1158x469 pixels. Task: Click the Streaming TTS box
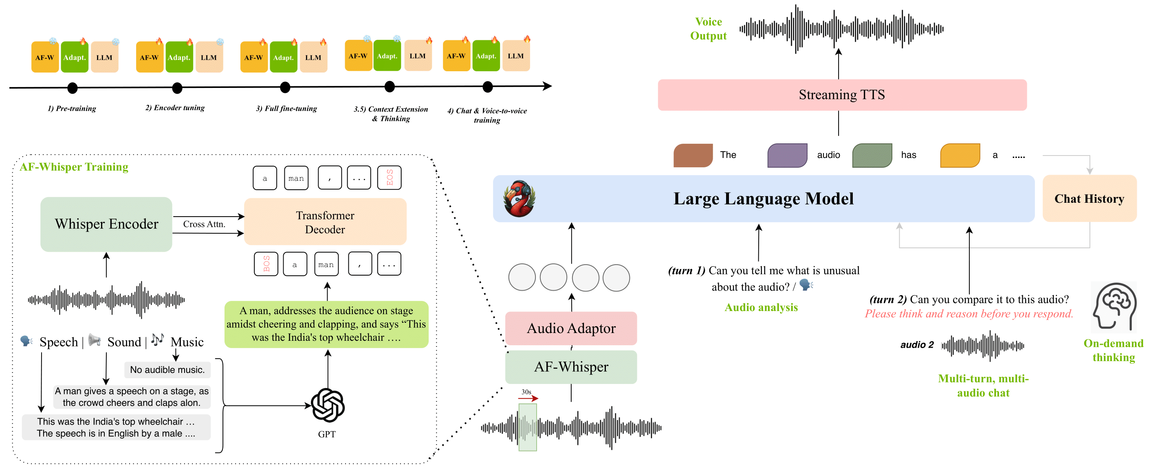tap(841, 95)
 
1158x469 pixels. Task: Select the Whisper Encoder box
tap(106, 224)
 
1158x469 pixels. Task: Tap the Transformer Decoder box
tap(325, 222)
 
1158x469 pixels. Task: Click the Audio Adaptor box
tap(571, 328)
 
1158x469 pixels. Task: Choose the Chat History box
tap(1089, 199)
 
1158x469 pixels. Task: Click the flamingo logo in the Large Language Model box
tap(519, 199)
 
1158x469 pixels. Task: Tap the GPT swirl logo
tap(328, 405)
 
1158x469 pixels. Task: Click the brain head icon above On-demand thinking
tap(1114, 307)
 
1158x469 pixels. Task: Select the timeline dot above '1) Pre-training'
tap(73, 88)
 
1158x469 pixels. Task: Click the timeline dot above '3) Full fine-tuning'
tap(285, 88)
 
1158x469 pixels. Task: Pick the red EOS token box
tap(389, 178)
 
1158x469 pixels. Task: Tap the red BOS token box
tap(266, 264)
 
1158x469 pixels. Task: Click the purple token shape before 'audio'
tap(787, 156)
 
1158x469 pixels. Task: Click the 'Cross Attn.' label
tap(204, 224)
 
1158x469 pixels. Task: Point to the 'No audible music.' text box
tap(167, 370)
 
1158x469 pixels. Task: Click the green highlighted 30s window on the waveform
tap(527, 427)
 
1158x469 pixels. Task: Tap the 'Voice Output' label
tap(708, 29)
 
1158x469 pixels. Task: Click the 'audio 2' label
tap(917, 344)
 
